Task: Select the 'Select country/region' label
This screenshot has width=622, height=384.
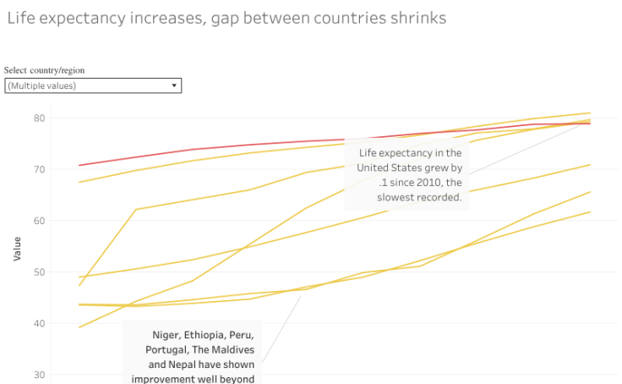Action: coord(45,70)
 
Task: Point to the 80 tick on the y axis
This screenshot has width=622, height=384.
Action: coord(39,118)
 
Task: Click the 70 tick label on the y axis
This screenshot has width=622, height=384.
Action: coord(39,169)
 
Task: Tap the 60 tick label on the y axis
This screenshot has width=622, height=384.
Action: coord(39,221)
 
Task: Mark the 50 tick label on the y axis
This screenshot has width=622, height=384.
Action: coord(39,272)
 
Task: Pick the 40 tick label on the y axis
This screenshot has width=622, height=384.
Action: coord(39,323)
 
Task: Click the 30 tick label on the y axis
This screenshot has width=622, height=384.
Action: coord(39,375)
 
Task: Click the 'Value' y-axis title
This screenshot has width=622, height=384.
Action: coord(17,248)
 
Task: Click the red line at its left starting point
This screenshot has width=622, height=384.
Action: coord(79,165)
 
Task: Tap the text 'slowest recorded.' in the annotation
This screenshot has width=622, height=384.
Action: coord(419,197)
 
